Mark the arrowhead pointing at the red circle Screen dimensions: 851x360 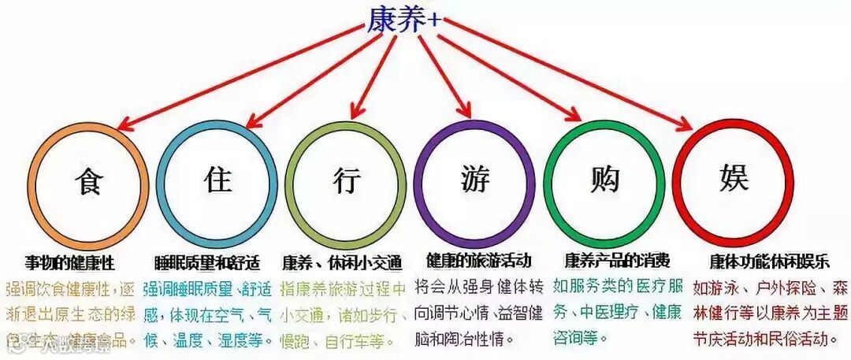689,125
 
